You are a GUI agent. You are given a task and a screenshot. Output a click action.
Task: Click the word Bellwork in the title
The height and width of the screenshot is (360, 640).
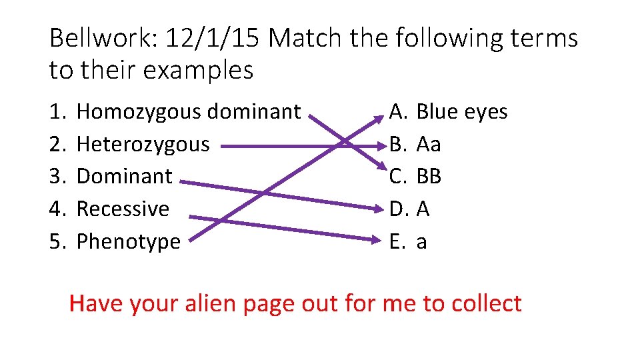tap(100, 39)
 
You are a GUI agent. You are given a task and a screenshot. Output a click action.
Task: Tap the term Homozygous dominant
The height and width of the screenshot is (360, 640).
tap(189, 112)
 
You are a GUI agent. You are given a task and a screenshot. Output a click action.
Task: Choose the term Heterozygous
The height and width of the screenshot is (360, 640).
tap(143, 144)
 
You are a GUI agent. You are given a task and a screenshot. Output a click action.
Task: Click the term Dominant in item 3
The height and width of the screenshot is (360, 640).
tap(125, 177)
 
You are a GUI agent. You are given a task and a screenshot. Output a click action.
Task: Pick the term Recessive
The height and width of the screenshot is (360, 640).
tap(123, 209)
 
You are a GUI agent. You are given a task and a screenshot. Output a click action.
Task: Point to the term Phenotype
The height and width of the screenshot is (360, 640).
tap(129, 241)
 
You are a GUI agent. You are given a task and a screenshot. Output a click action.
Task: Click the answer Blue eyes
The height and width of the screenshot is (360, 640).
tap(461, 112)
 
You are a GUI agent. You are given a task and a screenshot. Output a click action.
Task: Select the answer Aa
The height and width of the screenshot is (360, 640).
tap(428, 144)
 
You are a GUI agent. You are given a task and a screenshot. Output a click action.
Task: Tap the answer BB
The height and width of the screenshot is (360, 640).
tap(429, 177)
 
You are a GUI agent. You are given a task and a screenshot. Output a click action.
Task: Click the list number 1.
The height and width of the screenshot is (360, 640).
tap(56, 112)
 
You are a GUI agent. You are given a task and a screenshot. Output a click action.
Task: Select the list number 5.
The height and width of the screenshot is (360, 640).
tap(56, 241)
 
